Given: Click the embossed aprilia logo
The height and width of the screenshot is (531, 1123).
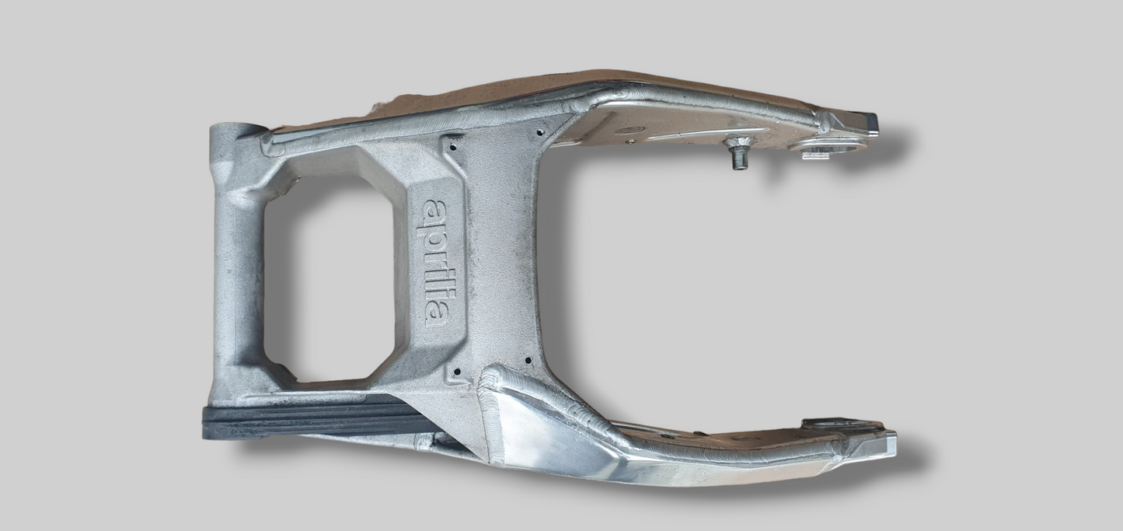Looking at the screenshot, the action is click(435, 264).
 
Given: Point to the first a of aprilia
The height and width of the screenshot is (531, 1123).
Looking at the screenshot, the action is click(435, 211).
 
